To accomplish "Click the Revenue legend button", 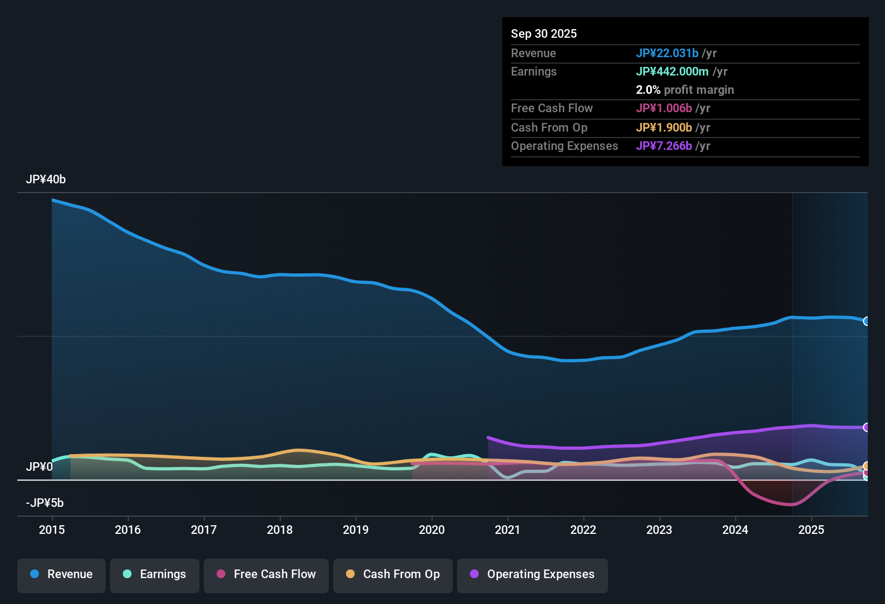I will (61, 574).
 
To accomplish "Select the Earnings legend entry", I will (155, 574).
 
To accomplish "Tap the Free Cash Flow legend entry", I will (266, 574).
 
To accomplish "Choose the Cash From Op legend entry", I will (393, 574).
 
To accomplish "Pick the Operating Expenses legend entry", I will (533, 574).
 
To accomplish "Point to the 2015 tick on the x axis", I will (52, 530).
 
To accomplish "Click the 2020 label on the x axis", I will (432, 530).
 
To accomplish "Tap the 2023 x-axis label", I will (659, 530).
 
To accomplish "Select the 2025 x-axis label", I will (811, 530).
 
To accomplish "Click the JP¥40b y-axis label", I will (46, 180).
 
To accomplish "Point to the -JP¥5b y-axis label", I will (45, 503).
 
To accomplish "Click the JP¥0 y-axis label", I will (39, 466).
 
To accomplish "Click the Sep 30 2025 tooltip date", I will (544, 33).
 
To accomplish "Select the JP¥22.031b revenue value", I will (667, 53).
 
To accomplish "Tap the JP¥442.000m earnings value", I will (672, 71).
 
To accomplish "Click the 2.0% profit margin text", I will (685, 90).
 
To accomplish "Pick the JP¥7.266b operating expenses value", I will (664, 146).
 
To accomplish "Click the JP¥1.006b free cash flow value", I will (664, 108).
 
